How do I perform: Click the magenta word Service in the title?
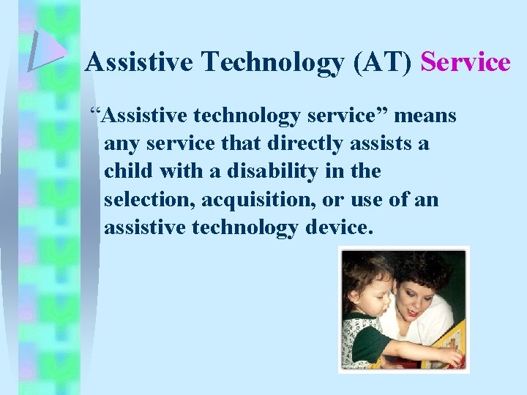(466, 63)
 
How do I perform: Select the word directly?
(300, 143)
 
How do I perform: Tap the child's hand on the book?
(454, 356)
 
